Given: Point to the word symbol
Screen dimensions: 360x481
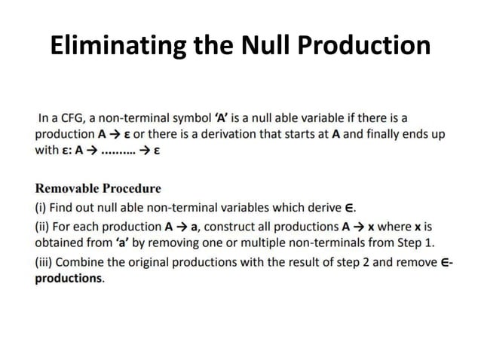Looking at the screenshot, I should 193,119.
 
